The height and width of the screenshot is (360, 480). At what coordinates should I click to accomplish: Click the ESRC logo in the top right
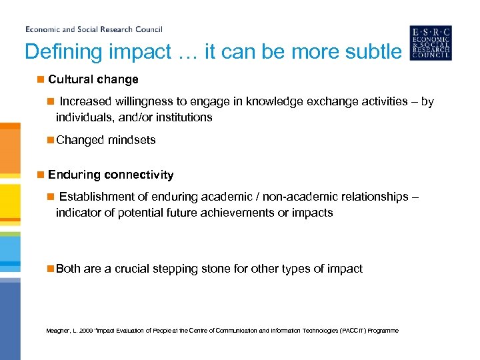point(430,43)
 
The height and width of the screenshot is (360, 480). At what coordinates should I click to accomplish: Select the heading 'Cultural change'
point(93,79)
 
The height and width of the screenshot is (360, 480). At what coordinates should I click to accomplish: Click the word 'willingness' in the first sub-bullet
point(141,101)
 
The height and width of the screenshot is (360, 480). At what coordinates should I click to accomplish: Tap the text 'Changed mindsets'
point(106,140)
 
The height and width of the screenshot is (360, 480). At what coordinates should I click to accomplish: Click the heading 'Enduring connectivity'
point(111,175)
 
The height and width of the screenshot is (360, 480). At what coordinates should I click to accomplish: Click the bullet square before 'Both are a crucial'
point(50,269)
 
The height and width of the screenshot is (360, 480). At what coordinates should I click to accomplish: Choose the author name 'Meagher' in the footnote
point(58,331)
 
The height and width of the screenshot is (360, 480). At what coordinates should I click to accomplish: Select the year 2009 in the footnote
point(87,331)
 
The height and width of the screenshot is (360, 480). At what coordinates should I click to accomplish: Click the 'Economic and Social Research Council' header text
point(94,29)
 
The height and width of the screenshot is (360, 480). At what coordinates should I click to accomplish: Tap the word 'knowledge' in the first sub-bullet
point(271,101)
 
